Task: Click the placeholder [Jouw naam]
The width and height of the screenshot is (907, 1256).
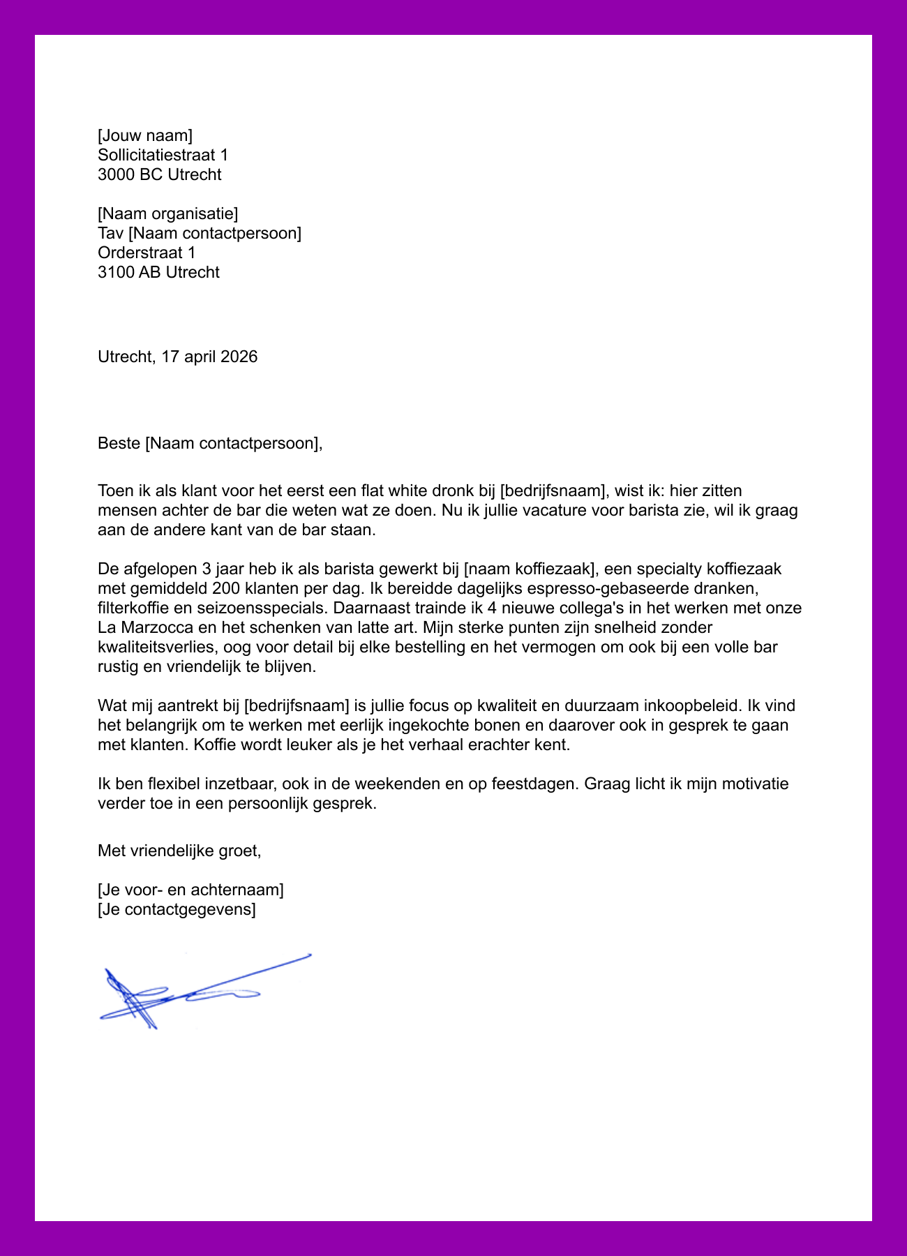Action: click(x=145, y=135)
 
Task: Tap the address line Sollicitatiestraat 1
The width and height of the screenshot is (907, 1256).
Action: click(x=163, y=155)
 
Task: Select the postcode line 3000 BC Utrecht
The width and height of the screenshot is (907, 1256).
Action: click(x=160, y=174)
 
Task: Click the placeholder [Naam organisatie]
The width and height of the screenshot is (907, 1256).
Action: click(x=168, y=214)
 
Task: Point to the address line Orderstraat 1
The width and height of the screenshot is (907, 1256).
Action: click(x=147, y=253)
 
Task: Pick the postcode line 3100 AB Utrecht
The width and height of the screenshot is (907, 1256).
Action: click(x=159, y=272)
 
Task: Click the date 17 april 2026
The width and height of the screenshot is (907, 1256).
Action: click(x=209, y=357)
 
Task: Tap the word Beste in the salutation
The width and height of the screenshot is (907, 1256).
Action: click(x=119, y=443)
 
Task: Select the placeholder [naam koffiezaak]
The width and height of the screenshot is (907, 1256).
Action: click(x=533, y=569)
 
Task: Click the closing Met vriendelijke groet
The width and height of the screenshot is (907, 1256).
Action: click(x=179, y=851)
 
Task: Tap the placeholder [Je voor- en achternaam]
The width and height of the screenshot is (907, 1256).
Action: click(x=190, y=890)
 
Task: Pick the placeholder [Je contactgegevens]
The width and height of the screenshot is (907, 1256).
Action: click(x=177, y=909)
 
